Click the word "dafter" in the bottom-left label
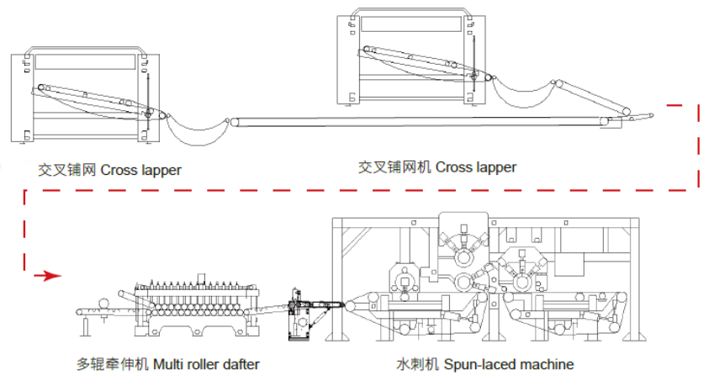[240, 364]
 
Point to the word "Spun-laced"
[477, 364]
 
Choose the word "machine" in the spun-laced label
[545, 364]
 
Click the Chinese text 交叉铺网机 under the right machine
[394, 167]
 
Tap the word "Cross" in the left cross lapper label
[119, 170]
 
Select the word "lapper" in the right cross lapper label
[497, 167]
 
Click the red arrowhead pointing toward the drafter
[53, 275]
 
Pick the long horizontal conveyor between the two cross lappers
[420, 123]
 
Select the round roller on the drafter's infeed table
[103, 304]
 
